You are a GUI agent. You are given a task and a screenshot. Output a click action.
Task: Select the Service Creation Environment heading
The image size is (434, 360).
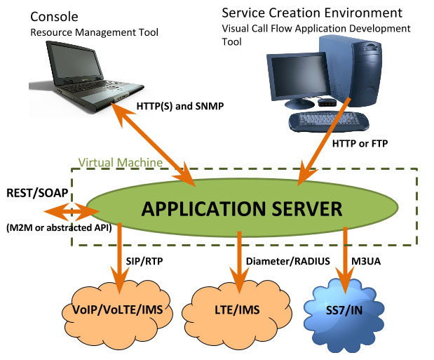[312, 13]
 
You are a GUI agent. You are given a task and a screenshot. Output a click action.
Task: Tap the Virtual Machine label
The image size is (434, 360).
[119, 162]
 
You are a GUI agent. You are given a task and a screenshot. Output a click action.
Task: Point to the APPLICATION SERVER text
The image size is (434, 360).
[242, 208]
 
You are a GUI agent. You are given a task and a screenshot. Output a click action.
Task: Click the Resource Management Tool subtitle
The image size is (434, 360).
[91, 32]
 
